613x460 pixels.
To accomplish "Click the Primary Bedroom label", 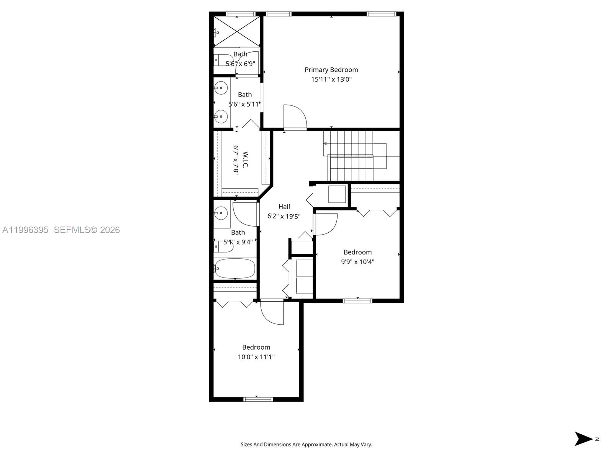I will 331,70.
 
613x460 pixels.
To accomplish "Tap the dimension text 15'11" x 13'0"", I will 331,79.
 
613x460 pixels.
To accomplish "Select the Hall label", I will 284,207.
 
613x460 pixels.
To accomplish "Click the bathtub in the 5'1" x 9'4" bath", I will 234,268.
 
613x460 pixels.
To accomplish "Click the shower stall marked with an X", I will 237,31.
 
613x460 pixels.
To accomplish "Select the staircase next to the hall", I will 351,155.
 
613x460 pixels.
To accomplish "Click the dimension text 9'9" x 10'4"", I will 357,262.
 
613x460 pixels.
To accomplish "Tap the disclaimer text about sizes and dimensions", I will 306,445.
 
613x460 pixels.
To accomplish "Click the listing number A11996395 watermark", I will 25,230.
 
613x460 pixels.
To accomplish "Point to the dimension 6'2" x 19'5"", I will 284,216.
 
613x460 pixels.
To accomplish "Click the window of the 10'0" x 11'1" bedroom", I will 258,399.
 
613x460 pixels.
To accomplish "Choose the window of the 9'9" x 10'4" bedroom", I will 357,301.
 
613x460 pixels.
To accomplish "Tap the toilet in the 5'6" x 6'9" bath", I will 221,60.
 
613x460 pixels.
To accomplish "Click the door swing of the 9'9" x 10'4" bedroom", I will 326,224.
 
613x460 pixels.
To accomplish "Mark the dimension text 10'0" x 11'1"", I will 256,357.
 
